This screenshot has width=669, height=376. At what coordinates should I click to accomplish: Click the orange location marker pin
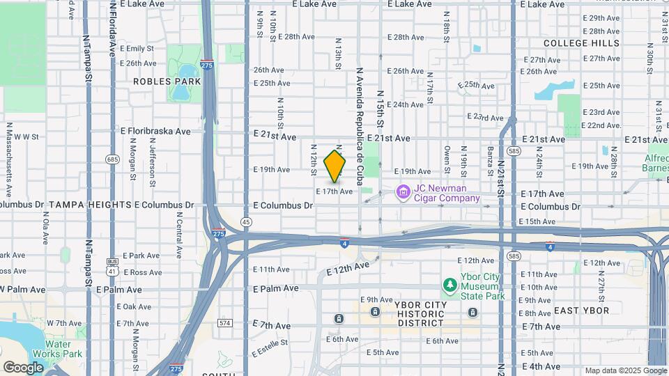[335, 166]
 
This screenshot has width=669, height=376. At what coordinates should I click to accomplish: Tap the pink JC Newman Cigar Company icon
[402, 191]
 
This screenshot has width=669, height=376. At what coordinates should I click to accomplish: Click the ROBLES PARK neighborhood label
[167, 81]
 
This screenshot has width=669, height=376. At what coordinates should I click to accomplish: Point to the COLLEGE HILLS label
[581, 43]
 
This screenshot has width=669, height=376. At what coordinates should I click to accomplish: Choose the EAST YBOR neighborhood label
[581, 311]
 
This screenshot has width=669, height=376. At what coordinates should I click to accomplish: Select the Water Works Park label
[63, 349]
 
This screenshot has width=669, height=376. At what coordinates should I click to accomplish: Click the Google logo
[22, 367]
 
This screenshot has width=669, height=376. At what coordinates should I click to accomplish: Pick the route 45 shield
[246, 221]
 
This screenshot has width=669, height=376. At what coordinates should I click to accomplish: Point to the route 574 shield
[224, 323]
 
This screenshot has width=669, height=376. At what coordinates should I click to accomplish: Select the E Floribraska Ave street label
[155, 130]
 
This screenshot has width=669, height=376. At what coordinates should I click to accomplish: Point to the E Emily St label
[137, 49]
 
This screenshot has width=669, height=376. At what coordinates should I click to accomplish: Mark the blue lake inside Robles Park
[187, 72]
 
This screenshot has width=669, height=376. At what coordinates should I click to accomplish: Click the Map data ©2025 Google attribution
[625, 370]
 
